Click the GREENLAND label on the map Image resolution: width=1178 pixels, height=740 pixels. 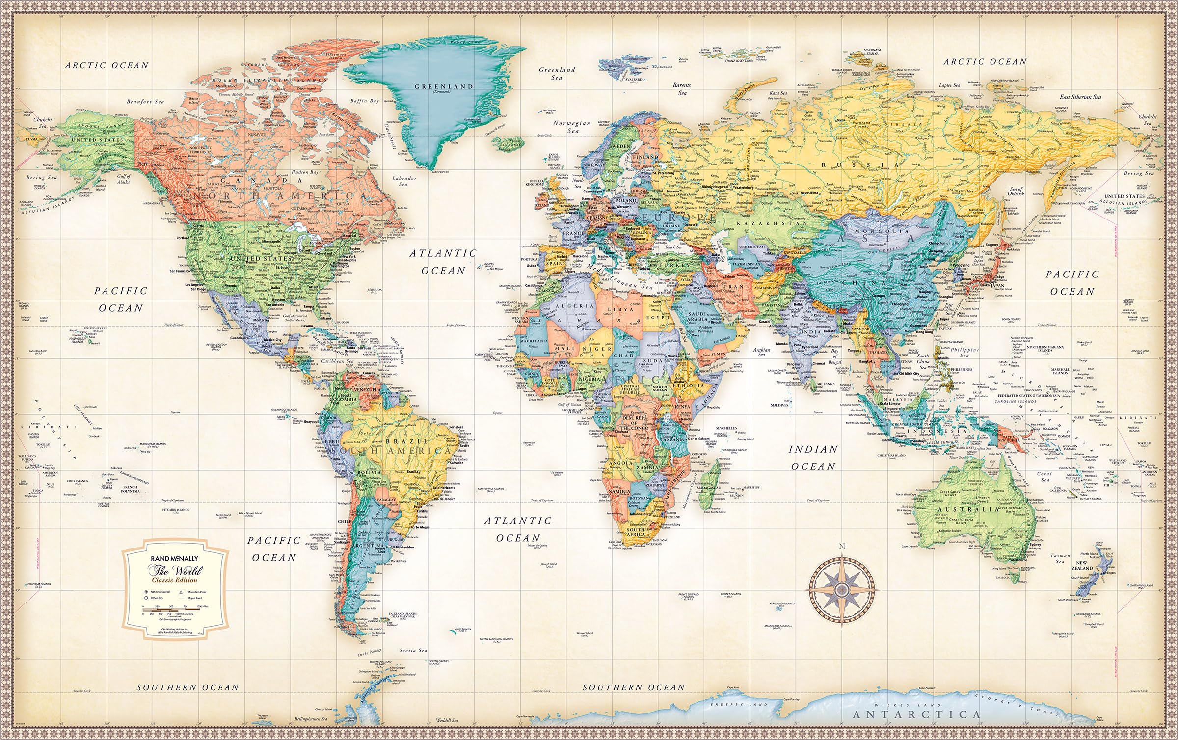[444, 86]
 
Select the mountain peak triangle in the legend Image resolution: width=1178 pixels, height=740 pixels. [181, 592]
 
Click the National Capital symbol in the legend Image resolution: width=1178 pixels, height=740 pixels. [146, 592]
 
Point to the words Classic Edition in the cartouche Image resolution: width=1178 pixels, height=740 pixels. [174, 580]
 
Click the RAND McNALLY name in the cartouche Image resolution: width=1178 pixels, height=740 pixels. [175, 558]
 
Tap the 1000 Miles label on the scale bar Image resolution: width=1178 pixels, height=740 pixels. [202, 607]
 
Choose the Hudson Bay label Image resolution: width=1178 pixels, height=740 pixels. [306, 172]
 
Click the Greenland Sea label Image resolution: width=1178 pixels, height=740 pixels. [557, 73]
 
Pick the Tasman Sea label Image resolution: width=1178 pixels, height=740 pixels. [1060, 558]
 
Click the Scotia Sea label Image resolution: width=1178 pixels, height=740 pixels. [413, 650]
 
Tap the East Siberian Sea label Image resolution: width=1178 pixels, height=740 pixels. [1080, 97]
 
